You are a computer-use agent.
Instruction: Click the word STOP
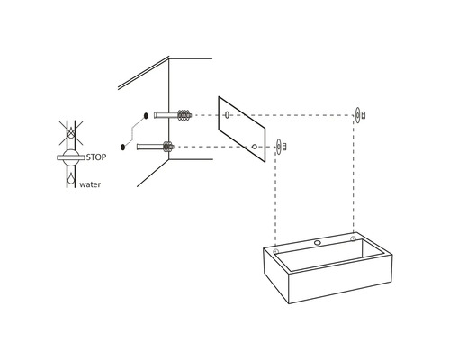point(96,157)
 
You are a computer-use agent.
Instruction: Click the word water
point(90,184)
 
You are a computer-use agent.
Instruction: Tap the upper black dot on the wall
point(146,115)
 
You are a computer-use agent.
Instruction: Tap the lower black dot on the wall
point(122,147)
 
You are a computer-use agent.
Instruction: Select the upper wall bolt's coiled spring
point(184,115)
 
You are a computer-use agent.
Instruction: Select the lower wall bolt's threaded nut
point(168,147)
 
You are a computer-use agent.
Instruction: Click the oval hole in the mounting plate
point(227,114)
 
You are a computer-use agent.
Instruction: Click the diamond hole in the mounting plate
point(254,147)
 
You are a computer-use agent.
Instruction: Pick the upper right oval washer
point(357,115)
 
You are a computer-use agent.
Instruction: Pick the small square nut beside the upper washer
point(364,115)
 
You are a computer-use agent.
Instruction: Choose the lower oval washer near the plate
point(279,147)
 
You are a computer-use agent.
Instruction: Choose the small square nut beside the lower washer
point(284,147)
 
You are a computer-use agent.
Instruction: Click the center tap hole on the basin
point(318,243)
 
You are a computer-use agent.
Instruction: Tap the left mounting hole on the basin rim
point(276,251)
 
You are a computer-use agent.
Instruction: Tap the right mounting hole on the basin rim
point(353,238)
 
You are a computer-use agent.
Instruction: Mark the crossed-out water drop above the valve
point(71,132)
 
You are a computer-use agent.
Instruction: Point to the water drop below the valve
point(71,178)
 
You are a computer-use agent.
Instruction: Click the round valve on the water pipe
point(71,157)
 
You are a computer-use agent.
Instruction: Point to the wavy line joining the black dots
point(134,131)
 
